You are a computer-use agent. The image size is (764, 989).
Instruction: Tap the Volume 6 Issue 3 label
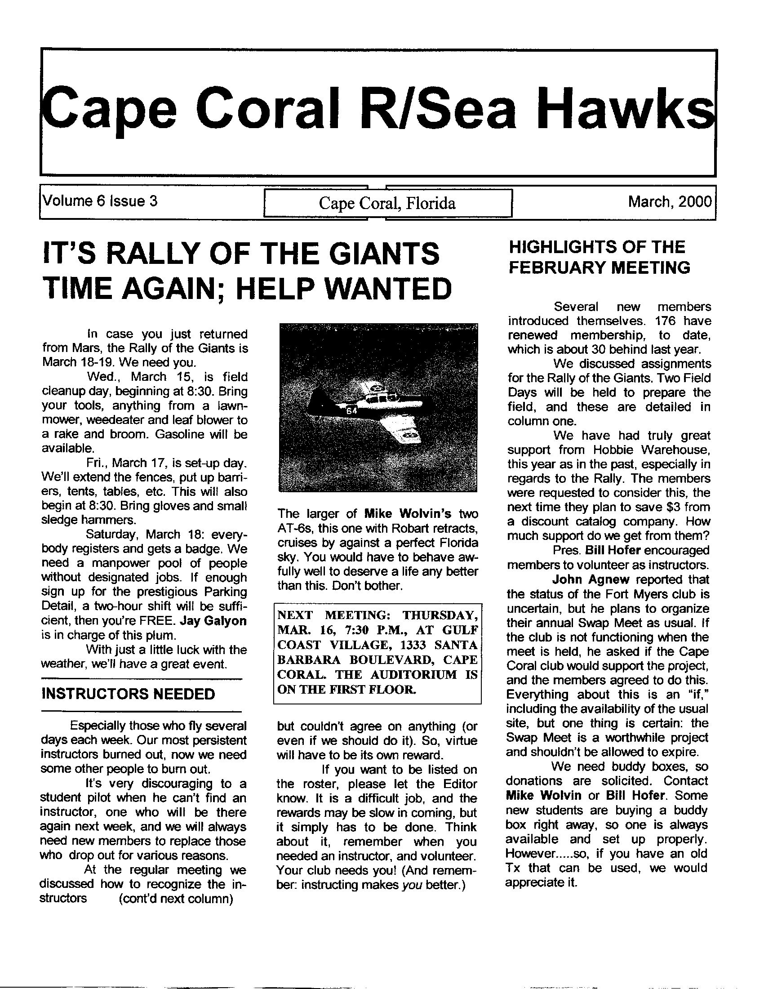[100, 200]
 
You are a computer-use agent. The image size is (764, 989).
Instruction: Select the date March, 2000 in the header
[670, 201]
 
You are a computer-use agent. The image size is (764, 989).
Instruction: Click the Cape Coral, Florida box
[387, 203]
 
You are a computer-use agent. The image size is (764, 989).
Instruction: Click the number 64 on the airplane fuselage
[351, 412]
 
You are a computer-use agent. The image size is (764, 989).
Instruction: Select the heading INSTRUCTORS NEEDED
[128, 694]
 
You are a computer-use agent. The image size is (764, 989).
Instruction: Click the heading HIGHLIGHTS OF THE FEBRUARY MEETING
[599, 257]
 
